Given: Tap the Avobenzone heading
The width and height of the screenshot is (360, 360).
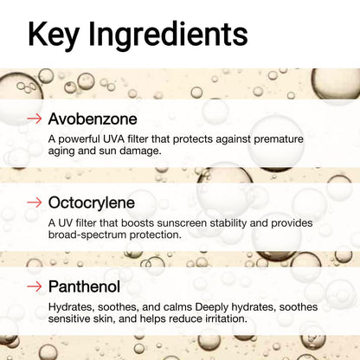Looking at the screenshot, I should (x=93, y=118).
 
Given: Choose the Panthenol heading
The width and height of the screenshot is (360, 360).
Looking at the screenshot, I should (x=84, y=286).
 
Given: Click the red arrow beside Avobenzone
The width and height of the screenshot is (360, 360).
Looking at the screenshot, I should (x=35, y=118).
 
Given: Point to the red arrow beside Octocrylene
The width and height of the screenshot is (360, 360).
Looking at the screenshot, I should (x=35, y=202).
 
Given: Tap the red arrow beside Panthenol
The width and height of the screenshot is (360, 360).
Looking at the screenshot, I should (x=35, y=286).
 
